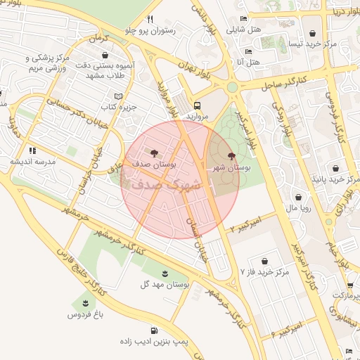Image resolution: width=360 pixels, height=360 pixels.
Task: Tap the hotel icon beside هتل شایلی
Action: coord(243,19)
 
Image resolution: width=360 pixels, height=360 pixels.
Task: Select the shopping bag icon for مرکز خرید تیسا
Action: coord(312,33)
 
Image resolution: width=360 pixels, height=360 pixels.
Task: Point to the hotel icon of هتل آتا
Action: coord(247,51)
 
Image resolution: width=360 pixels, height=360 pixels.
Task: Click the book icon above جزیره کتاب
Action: coord(118,96)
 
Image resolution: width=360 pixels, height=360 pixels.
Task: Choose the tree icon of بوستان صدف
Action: coord(154,152)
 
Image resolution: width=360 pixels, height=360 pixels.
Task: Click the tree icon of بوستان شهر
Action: coord(231,155)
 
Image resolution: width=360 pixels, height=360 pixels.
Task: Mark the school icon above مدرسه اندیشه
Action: coord(32,150)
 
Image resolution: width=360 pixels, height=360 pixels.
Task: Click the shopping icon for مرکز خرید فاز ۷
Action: coord(264,261)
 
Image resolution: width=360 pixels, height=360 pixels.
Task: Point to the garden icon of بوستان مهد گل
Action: coord(165,272)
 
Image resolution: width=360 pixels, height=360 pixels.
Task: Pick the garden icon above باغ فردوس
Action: coord(85,304)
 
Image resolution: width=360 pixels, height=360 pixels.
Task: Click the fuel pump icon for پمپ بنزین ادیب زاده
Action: coord(154,331)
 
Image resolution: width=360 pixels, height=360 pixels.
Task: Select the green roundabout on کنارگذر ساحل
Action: coord(231,87)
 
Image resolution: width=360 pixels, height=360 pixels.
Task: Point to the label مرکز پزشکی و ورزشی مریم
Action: coord(51,63)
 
